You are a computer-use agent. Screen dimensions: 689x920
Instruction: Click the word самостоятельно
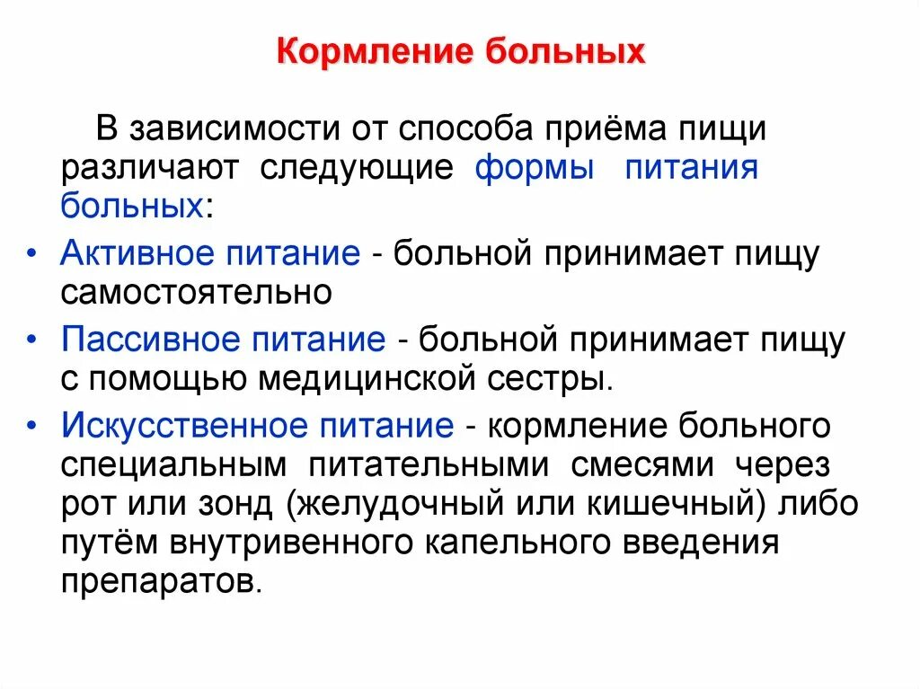point(197,292)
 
